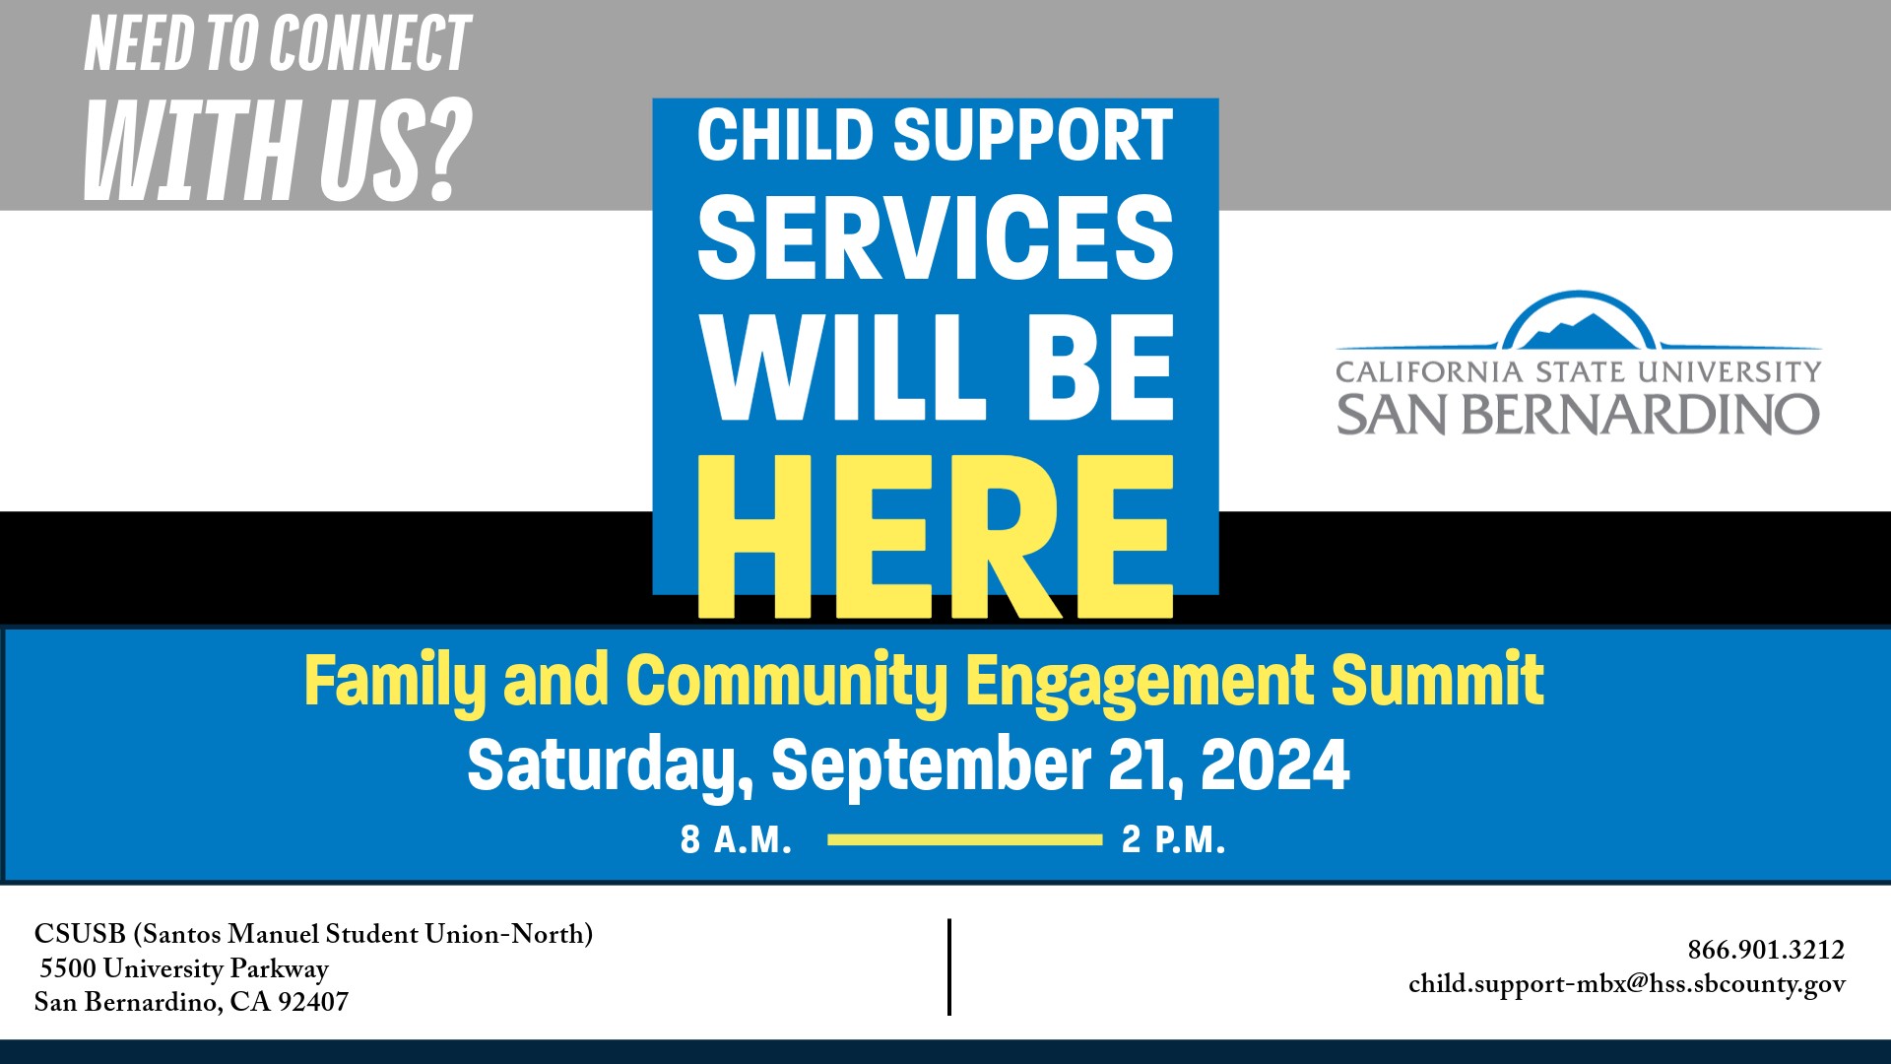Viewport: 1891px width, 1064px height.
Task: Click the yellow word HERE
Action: [936, 537]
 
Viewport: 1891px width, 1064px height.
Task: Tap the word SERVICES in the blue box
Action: [936, 236]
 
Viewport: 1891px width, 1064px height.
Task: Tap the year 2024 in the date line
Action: [1274, 765]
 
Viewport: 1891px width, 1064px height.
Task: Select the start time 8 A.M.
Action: [736, 840]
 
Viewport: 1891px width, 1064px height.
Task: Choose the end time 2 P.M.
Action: [1173, 840]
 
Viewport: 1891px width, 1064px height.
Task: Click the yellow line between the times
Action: [964, 840]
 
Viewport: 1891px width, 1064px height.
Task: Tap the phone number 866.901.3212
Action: [1766, 950]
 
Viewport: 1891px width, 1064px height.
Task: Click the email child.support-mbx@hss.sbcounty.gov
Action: [1626, 984]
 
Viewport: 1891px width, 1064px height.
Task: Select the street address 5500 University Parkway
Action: [184, 968]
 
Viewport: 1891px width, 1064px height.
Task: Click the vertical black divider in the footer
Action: [949, 966]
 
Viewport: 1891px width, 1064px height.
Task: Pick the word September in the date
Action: [931, 765]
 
